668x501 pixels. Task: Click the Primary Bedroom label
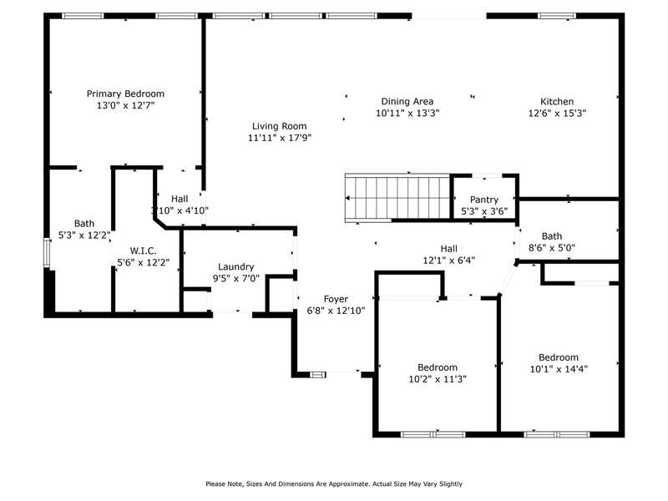click(x=125, y=94)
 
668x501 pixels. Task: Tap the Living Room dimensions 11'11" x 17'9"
click(x=280, y=138)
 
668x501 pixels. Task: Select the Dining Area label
click(x=407, y=101)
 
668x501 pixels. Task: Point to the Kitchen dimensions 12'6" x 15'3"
click(x=557, y=113)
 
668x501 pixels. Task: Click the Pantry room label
click(x=484, y=200)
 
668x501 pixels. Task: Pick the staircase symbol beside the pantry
click(x=397, y=198)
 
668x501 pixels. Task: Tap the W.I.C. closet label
click(x=143, y=250)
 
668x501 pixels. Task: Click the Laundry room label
click(x=236, y=267)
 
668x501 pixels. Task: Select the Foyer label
click(x=336, y=299)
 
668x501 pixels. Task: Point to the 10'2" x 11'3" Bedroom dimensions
click(x=438, y=379)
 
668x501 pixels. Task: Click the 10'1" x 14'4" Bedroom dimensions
click(x=559, y=369)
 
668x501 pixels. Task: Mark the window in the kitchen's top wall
click(x=557, y=16)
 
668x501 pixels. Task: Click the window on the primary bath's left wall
click(x=47, y=253)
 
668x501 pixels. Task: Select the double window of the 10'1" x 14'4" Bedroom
click(x=557, y=434)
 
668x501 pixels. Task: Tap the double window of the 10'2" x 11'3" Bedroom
click(x=433, y=434)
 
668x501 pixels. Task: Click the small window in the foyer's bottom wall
click(x=318, y=375)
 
